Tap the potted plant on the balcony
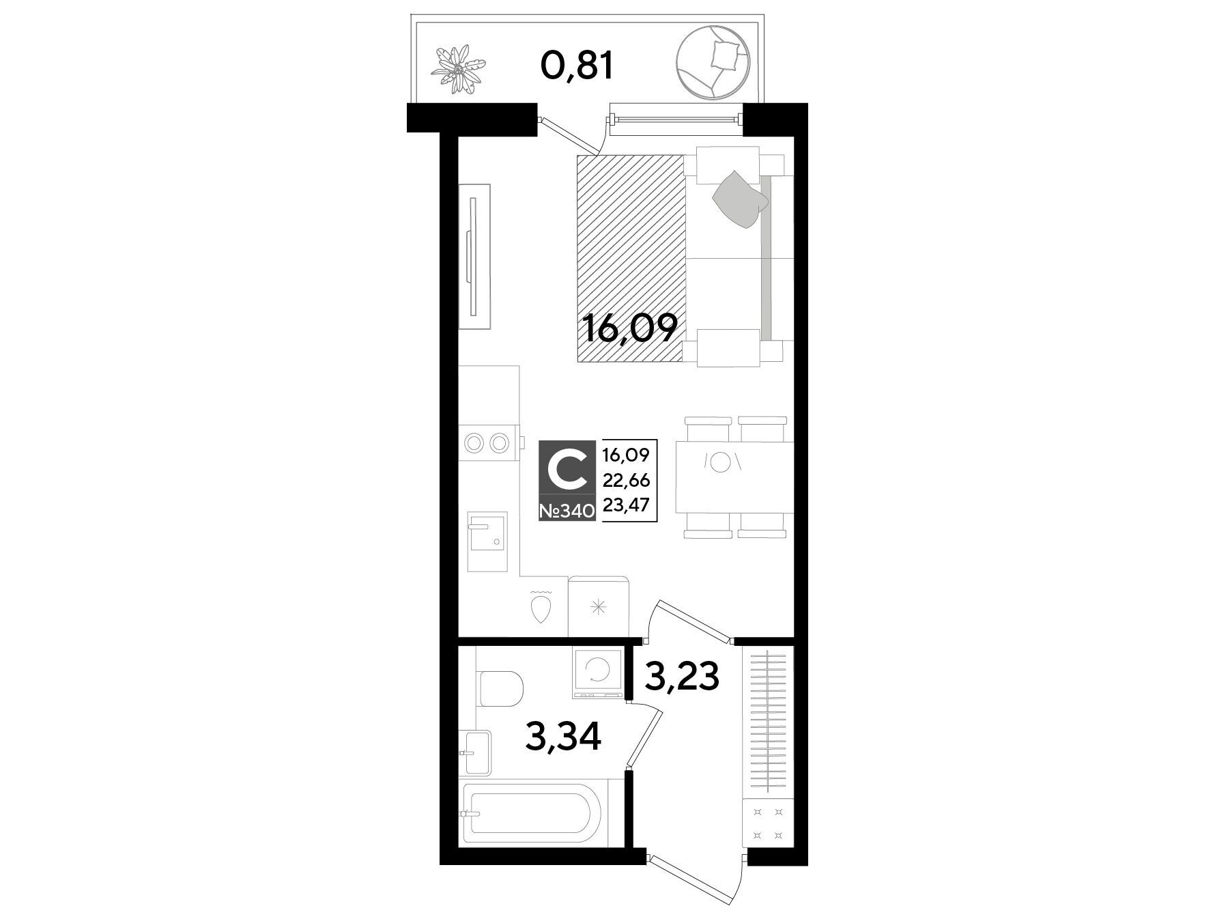pyautogui.click(x=460, y=68)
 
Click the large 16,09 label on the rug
pyautogui.click(x=630, y=329)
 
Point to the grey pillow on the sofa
pyautogui.click(x=740, y=198)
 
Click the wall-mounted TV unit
pyautogui.click(x=474, y=257)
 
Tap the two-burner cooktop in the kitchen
pyautogui.click(x=487, y=442)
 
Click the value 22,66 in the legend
pyautogui.click(x=626, y=481)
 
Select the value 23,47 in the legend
pyautogui.click(x=626, y=506)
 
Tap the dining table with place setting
pyautogui.click(x=734, y=476)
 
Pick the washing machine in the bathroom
pyautogui.click(x=599, y=673)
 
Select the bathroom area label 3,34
pyautogui.click(x=563, y=737)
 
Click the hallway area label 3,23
pyautogui.click(x=682, y=677)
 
